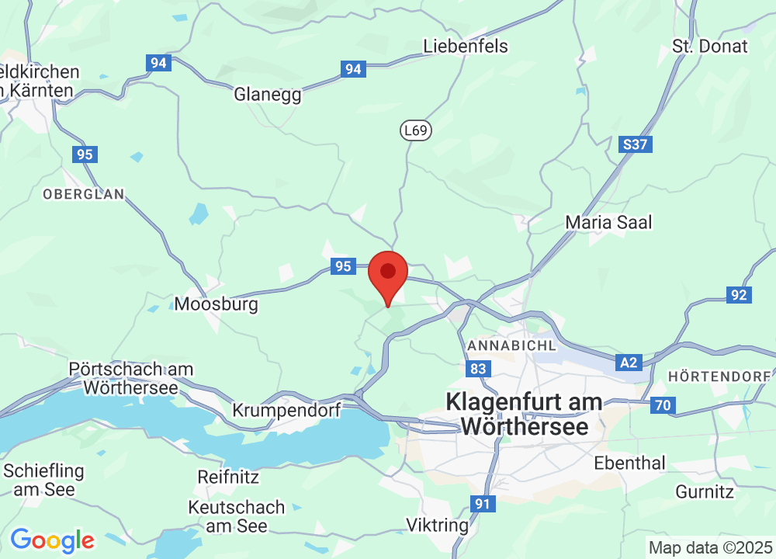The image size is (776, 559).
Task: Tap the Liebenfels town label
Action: [x=466, y=46]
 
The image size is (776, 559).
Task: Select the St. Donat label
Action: [x=710, y=46]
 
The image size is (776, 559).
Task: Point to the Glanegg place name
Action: [x=268, y=94]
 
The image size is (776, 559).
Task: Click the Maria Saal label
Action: [x=608, y=222]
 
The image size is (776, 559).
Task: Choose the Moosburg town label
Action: [x=216, y=304]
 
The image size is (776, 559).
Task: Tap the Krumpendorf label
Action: [x=287, y=410]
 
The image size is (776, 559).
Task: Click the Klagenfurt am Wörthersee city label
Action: [x=524, y=414]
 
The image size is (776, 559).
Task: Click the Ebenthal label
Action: [x=629, y=463]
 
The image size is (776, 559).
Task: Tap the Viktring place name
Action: [x=438, y=525]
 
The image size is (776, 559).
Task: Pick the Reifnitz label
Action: [x=228, y=476]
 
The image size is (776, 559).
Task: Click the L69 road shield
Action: [x=416, y=130]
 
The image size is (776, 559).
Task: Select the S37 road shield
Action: [x=636, y=144]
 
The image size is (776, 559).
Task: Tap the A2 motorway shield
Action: [x=629, y=362]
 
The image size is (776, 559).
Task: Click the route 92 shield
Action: [x=738, y=294]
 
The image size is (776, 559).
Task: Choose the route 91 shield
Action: [x=483, y=504]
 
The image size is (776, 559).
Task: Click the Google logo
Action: [x=52, y=540]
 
